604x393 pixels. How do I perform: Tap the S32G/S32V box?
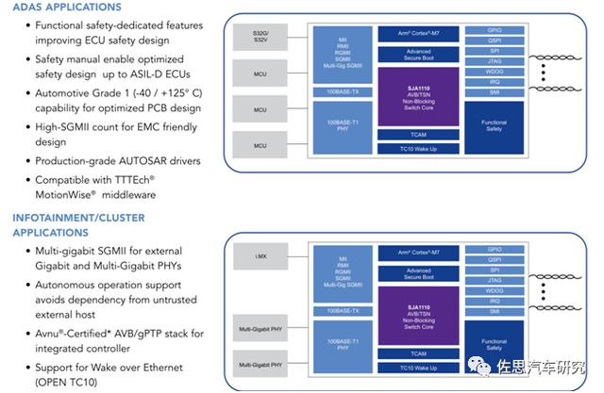click(260, 37)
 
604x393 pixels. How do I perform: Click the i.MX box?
click(260, 258)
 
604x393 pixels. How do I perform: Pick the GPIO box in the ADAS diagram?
click(494, 29)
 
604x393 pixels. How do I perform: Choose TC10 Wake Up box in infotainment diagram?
click(417, 368)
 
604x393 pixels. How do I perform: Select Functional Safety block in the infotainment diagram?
click(494, 345)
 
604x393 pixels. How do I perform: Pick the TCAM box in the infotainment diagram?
click(417, 354)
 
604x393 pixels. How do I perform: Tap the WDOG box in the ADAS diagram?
click(494, 70)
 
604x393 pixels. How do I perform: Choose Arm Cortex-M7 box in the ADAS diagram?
click(417, 31)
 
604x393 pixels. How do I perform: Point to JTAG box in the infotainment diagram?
click(494, 280)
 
